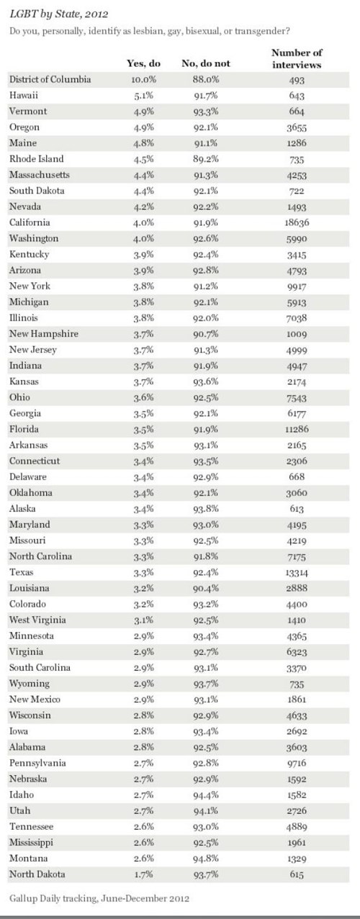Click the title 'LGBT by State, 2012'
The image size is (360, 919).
coord(59,14)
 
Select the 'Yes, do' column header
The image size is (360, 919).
coord(144,63)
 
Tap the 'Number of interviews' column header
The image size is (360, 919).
coord(297,58)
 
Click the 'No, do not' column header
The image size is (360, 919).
coord(206,63)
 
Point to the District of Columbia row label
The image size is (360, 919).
coord(50,79)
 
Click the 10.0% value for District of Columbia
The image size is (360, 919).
coord(144,80)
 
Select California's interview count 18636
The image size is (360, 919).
coord(297,223)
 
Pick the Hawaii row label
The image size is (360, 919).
coord(24,95)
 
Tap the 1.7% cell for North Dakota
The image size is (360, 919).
coord(144,874)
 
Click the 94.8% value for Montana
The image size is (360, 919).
coord(206,859)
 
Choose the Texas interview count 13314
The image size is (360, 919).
coord(297,572)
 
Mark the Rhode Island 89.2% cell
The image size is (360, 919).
coord(206,159)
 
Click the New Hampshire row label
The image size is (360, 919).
coord(44,333)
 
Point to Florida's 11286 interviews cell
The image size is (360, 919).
coord(297,429)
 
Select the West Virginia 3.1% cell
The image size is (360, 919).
coord(144,620)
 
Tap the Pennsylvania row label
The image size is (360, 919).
coord(37,763)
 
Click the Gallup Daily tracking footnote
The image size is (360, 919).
coord(99,898)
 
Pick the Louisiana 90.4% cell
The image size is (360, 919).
coord(206,589)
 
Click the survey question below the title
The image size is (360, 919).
coord(150,31)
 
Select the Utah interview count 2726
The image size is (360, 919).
coord(297,810)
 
